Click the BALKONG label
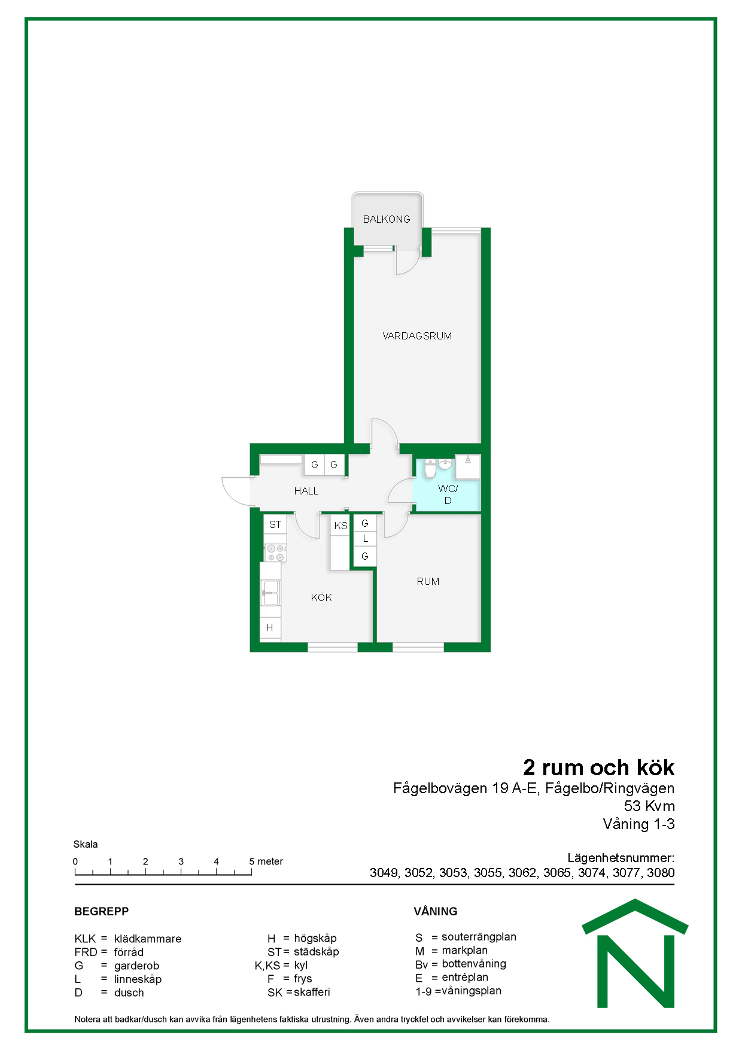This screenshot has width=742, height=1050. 387,219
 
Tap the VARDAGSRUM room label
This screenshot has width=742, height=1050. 417,336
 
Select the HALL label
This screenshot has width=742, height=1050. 306,491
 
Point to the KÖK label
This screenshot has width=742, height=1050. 321,597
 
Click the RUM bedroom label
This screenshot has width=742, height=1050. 428,581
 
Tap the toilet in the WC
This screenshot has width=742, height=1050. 430,469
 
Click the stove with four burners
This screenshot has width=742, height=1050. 275,553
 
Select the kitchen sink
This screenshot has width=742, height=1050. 270,592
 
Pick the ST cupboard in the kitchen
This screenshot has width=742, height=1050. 275,524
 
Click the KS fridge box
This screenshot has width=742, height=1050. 340,526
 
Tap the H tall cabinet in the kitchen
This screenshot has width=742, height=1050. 270,627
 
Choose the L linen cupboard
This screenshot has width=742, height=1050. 365,539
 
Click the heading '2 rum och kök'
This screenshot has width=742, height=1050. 599,767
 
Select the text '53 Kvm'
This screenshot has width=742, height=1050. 649,806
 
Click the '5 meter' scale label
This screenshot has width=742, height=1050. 266,861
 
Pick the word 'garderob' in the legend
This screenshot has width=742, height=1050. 136,966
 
